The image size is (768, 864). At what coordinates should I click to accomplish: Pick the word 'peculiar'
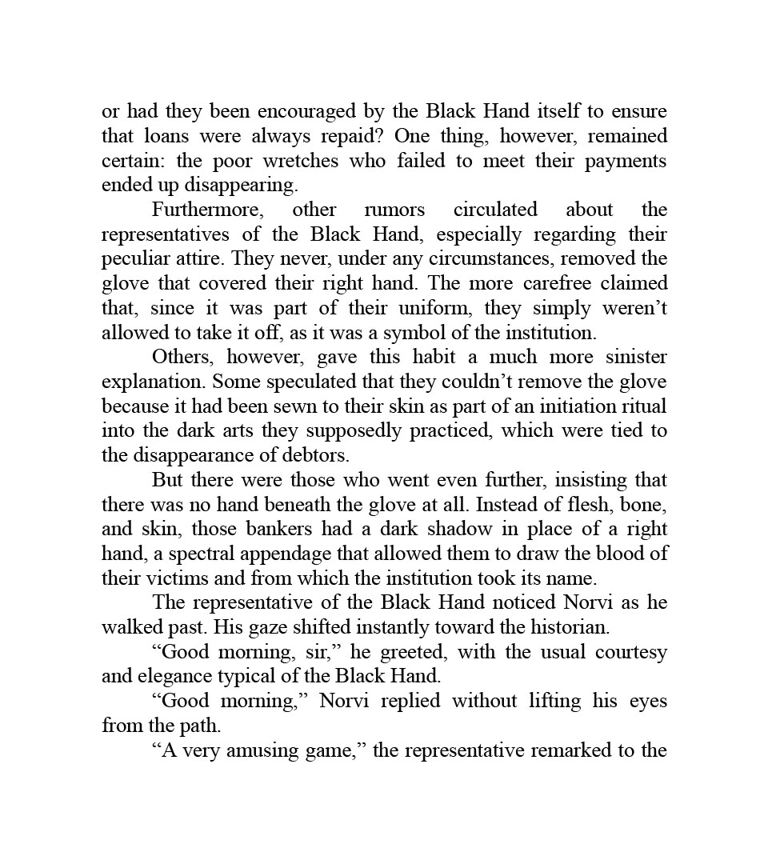132,259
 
